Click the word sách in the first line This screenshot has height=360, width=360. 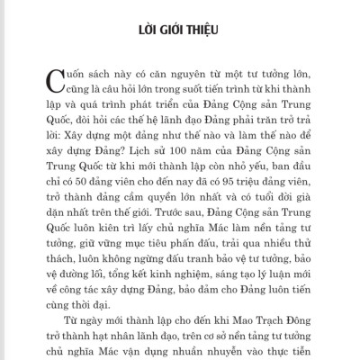pyautogui.click(x=94, y=74)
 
